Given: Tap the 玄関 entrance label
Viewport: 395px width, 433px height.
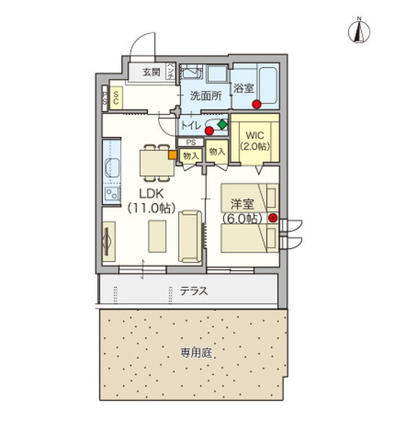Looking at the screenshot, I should (x=151, y=71).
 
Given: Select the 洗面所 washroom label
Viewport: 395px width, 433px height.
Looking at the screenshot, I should (x=205, y=95).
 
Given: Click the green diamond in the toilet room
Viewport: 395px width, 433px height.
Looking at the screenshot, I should (x=221, y=125).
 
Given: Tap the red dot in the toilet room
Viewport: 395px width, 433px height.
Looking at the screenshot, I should (x=209, y=131).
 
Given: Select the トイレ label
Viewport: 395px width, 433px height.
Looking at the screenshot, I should (x=191, y=126).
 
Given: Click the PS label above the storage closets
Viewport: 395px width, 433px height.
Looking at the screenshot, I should (x=191, y=142).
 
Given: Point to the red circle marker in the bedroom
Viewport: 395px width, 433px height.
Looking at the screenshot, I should (x=272, y=217).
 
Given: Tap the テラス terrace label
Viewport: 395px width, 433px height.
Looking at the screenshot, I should (x=193, y=292).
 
